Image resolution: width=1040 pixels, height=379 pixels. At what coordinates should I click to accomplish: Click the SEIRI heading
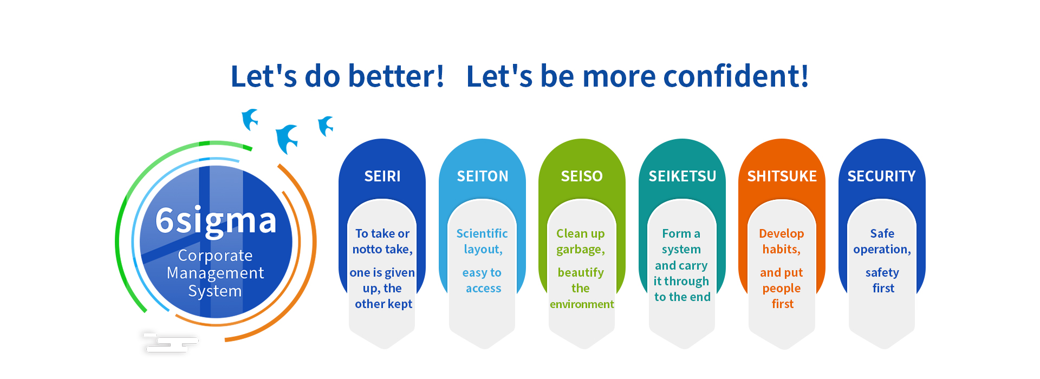382,176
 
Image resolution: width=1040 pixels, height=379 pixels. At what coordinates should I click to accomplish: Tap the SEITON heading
483,176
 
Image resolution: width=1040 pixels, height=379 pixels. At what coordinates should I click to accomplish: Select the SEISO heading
582,176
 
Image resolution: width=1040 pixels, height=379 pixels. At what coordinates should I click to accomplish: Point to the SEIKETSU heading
682,176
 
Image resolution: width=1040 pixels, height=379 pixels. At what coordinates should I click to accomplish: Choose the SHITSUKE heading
782,176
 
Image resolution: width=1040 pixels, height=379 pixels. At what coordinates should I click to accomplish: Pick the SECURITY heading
882,176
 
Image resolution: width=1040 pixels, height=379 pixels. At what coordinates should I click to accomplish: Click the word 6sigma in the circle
216,221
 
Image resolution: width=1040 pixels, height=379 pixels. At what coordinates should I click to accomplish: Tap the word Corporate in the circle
215,255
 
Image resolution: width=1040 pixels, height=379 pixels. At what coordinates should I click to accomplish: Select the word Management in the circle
215,273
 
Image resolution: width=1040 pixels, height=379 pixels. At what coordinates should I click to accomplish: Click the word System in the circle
215,291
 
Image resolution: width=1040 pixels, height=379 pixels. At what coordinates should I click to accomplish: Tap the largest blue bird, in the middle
287,139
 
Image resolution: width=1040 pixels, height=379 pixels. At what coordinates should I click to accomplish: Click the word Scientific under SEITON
482,233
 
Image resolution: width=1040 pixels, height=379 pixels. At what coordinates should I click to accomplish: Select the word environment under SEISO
582,304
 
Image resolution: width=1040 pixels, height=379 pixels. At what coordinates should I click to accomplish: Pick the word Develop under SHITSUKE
782,234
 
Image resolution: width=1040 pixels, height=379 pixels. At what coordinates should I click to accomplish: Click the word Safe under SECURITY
882,233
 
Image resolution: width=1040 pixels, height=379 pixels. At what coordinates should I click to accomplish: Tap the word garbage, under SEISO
581,250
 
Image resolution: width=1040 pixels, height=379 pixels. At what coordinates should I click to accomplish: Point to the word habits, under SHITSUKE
782,249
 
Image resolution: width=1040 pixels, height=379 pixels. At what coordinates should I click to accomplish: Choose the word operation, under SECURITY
882,250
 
